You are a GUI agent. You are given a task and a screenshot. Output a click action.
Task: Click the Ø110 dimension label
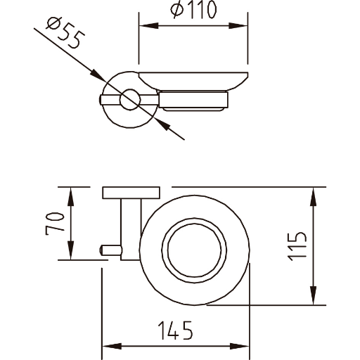coord(193,11)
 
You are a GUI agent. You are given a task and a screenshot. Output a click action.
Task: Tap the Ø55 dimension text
coord(66,33)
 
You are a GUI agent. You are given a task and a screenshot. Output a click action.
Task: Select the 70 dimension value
coord(55,224)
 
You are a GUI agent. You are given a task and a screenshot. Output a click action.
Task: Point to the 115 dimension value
coord(297,246)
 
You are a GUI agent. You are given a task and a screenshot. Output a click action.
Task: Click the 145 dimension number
coord(176,330)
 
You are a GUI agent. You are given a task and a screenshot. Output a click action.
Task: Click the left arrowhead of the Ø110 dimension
coord(149,26)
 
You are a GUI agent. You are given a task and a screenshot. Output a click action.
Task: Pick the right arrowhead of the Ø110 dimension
coord(238,26)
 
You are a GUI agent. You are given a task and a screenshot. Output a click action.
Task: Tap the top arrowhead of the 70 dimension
coord(70,197)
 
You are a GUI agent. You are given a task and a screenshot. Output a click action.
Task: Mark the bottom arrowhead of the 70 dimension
coord(70,250)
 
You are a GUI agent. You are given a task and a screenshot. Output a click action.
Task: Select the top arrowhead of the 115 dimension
coord(314,197)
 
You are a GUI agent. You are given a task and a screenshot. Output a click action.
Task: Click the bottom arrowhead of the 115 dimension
coord(314,295)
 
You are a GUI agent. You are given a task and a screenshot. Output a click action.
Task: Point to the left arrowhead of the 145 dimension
coord(112,346)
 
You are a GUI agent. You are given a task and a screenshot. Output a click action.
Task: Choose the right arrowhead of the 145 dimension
coord(239,346)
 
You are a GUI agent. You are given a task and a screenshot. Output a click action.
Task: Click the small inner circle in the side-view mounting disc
coord(130,99)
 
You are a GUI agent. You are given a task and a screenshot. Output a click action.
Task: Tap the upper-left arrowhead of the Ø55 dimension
coord(98,75)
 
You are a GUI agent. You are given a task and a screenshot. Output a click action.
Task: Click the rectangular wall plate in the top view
coord(131,193)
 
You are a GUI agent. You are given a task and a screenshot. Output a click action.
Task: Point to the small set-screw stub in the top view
coord(111,250)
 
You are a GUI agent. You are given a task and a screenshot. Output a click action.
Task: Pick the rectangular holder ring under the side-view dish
coord(193,101)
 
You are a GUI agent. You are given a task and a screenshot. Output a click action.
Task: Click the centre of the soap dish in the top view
coord(194,250)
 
